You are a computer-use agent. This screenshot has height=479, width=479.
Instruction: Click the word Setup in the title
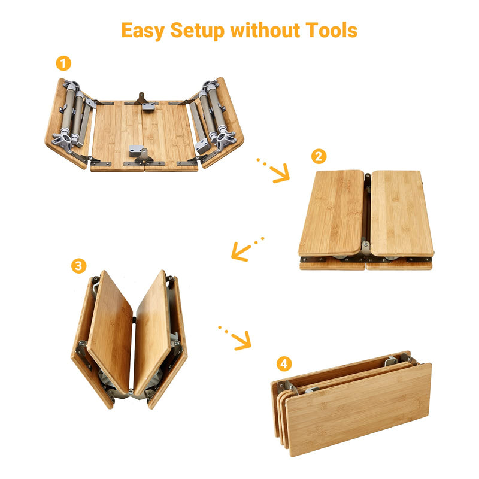(197, 30)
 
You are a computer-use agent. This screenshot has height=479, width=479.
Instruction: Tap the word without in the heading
(264, 30)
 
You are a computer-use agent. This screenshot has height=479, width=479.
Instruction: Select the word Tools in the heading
(331, 30)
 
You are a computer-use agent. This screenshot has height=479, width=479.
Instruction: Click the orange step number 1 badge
(63, 63)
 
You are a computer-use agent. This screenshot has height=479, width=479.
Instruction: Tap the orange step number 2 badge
(319, 157)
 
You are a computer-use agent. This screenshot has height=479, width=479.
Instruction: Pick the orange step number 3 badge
(78, 266)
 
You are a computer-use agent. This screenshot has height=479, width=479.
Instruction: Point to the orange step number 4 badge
(284, 363)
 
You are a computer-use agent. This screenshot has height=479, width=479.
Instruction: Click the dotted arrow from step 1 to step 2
(274, 169)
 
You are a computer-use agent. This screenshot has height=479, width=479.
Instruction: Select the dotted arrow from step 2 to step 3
(246, 249)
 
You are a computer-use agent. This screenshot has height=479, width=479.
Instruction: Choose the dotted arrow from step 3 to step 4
(235, 338)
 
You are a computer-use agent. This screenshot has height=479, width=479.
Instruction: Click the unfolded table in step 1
(144, 126)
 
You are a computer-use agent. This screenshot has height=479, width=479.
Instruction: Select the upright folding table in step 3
(129, 338)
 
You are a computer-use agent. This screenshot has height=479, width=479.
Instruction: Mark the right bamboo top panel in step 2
(401, 213)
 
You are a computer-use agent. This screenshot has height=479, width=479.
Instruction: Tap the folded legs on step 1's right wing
(213, 116)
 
